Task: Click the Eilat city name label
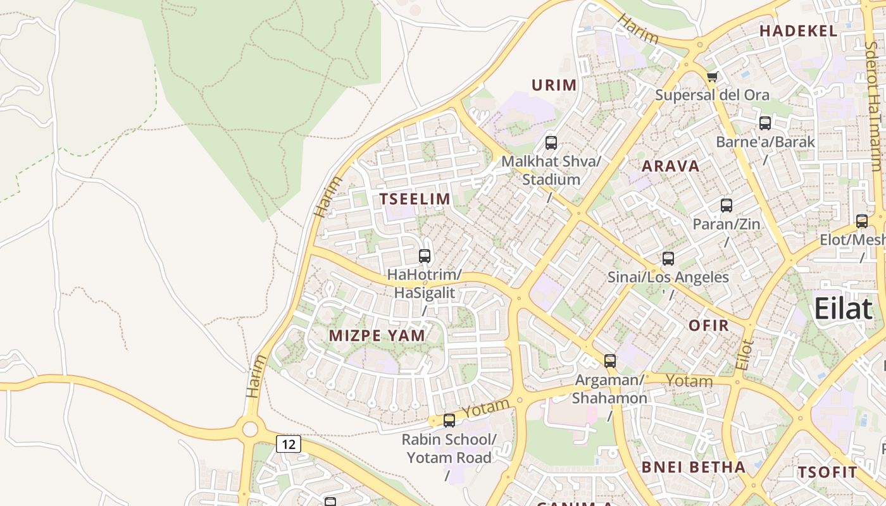coord(843,309)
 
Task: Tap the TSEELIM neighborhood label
coord(415,199)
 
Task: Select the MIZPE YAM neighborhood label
coord(377,336)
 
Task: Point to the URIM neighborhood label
coord(554,85)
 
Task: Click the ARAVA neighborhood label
coord(671,166)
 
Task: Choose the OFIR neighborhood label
coord(709,326)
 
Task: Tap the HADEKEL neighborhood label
coord(798,31)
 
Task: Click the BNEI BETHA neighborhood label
coord(694,467)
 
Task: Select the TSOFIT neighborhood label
coord(827,472)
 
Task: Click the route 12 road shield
coord(288,444)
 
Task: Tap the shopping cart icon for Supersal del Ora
coord(712,77)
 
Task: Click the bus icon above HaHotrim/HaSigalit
coord(425,256)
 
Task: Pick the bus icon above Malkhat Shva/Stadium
coord(551,142)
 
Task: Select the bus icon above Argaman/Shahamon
coord(609,361)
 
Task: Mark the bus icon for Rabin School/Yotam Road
coord(449,420)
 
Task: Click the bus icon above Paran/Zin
coord(726,206)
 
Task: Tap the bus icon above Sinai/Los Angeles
coord(668,259)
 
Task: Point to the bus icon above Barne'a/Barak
coord(764,123)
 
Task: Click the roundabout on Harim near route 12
coord(250,429)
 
